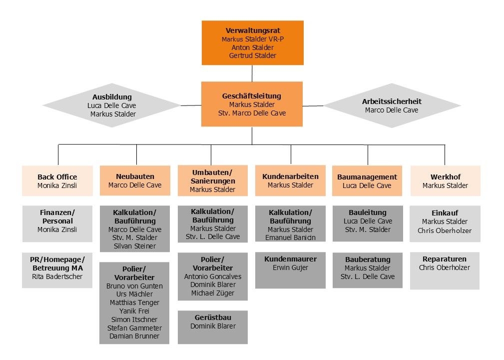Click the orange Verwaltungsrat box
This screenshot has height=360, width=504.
point(252,42)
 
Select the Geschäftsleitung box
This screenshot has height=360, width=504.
point(252,104)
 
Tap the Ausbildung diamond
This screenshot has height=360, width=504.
point(112,105)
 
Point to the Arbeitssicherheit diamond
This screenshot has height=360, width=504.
point(392,105)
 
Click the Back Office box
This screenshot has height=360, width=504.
point(57,180)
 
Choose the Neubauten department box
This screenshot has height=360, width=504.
point(135,180)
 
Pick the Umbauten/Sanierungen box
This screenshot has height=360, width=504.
point(212,180)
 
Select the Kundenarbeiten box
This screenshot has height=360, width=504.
point(290,180)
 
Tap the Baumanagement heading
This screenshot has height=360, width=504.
point(367,177)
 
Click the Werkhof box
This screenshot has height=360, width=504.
point(445,180)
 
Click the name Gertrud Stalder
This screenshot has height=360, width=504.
point(252,55)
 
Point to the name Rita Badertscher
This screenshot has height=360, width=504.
point(57,276)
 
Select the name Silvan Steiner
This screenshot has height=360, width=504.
point(135,246)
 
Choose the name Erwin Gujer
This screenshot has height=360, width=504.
point(290,267)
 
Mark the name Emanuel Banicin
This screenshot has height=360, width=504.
point(290,237)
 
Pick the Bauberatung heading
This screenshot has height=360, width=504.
point(368,259)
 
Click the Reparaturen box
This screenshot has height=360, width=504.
point(445,270)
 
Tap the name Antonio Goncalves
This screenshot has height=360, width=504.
point(213,276)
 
